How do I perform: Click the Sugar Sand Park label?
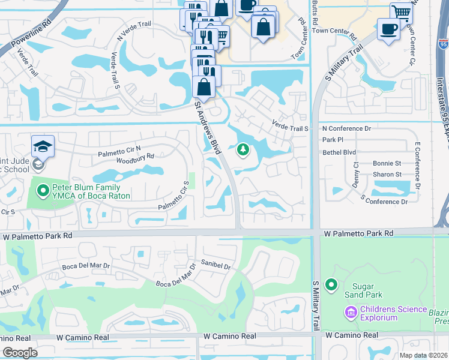point(363,290)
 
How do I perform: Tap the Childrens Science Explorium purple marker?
point(351,312)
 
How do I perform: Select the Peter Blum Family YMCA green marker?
point(43,191)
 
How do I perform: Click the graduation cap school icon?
point(43,145)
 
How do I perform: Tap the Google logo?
point(20,352)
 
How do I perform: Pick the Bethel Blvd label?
point(339,152)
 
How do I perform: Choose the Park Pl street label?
point(332,140)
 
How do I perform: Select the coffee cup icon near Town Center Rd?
point(388,28)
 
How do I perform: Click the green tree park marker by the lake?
point(243,149)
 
